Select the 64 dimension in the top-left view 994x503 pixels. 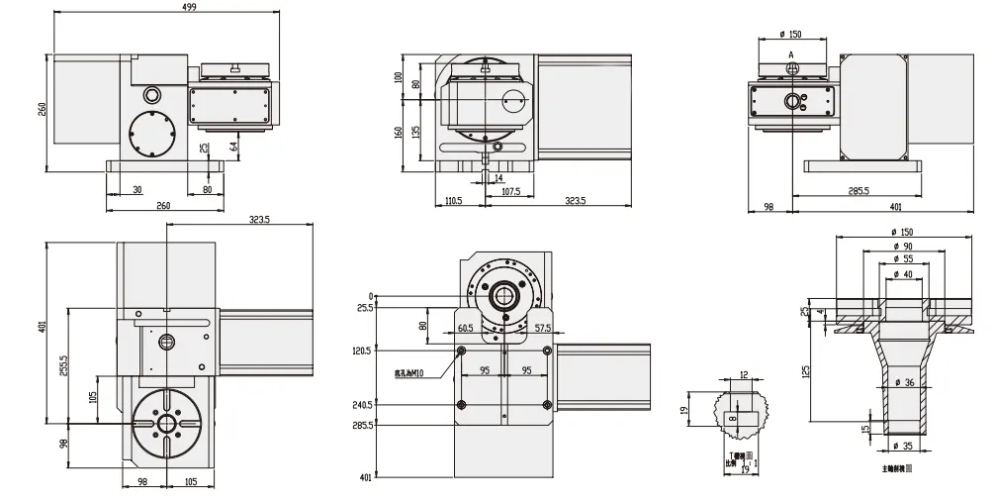pyautogui.click(x=233, y=148)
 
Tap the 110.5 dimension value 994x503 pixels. pyautogui.click(x=454, y=200)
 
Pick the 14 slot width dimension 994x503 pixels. pyautogui.click(x=497, y=178)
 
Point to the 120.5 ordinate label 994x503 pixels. pyautogui.click(x=362, y=351)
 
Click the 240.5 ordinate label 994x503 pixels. pyautogui.click(x=362, y=404)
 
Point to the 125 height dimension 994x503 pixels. pyautogui.click(x=806, y=370)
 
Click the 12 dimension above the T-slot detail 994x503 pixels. pyautogui.click(x=744, y=375)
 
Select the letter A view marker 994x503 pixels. pyautogui.click(x=791, y=54)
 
